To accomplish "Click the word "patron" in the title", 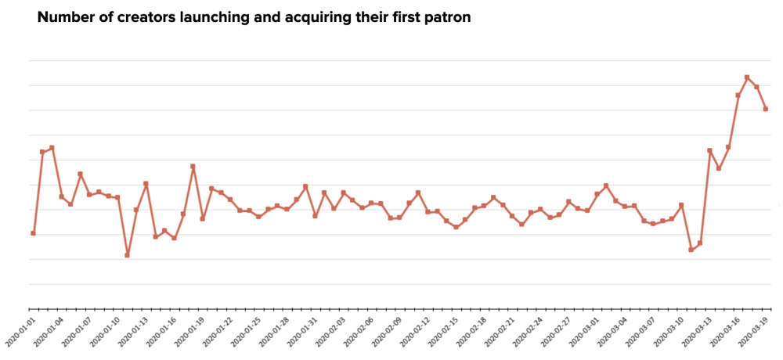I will [446, 18].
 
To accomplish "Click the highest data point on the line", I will [747, 77].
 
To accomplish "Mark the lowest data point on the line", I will [127, 255].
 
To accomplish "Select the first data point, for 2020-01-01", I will [33, 233].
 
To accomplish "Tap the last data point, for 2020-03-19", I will [766, 109].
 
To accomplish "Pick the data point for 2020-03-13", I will [709, 150].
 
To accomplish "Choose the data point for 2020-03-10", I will [681, 205].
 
